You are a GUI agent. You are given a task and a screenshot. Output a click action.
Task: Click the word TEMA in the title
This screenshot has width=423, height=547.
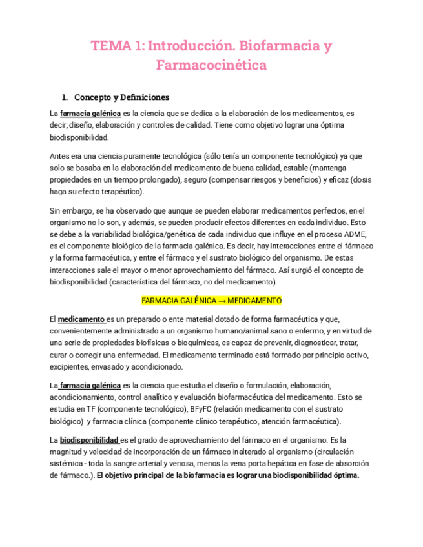click(x=108, y=46)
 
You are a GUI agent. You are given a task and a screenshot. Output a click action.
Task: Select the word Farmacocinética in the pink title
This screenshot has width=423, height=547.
click(x=211, y=65)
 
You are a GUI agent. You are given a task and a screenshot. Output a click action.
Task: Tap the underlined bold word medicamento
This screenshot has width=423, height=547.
click(x=81, y=319)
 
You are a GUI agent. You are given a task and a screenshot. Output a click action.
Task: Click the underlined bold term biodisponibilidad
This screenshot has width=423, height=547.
click(x=90, y=439)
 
